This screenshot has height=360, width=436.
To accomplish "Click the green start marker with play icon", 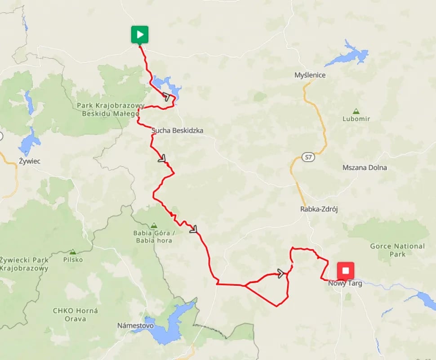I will [140, 35].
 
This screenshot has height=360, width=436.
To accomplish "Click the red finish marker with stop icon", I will [346, 271].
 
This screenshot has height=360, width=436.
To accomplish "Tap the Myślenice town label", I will [310, 75].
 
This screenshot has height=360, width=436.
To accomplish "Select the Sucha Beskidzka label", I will [178, 130].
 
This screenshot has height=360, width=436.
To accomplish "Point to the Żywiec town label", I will [30, 161].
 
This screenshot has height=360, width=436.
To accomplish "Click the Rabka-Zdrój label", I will [319, 209].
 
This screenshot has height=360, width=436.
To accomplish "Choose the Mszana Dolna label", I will [365, 167].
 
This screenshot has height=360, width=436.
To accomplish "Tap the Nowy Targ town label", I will [345, 283].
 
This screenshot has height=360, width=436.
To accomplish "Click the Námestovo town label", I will [135, 325].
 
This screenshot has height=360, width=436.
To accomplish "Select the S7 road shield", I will [307, 157].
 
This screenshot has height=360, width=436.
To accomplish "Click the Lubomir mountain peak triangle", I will [356, 111].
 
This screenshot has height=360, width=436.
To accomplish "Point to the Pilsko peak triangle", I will [72, 252].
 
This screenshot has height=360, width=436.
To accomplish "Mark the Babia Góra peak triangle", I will [154, 225].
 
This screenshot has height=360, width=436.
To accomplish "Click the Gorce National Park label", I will [397, 250].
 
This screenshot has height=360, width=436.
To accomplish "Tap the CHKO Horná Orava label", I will [75, 314].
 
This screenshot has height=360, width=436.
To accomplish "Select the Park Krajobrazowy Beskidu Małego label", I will [107, 110].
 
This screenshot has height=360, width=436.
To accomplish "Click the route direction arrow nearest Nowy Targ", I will [281, 273].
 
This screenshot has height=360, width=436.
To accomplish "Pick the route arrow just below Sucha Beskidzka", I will [162, 158].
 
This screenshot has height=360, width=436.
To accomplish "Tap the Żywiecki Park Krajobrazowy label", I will [24, 264].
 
